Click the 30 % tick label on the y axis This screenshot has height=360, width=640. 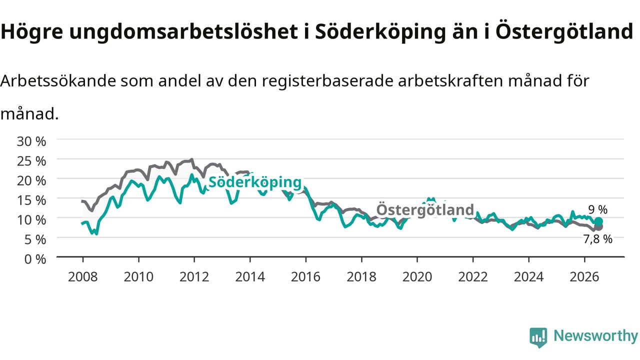point(31,141)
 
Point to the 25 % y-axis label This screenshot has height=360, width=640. point(31,161)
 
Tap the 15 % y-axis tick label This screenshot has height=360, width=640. point(31,200)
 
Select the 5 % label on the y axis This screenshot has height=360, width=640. point(35,239)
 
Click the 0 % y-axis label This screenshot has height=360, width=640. point(35,259)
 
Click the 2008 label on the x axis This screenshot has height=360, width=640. point(83,277)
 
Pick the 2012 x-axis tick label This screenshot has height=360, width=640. point(194,277)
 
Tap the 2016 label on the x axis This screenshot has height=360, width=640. point(305,277)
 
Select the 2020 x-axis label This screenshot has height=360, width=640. point(417,277)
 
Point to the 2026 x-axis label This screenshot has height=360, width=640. point(584,277)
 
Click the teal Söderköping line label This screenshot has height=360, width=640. point(255,182)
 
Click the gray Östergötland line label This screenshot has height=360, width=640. point(425,209)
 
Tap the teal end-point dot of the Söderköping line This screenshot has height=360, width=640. point(598,221)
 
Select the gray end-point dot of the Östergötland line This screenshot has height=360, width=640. point(598,226)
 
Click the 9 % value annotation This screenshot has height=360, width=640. point(597,209)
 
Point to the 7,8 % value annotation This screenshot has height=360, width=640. point(597,239)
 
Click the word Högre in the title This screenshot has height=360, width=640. point(32,31)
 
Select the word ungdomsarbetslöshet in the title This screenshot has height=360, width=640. point(183,31)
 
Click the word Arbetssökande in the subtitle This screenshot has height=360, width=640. point(58,81)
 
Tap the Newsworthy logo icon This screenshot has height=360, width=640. point(538,337)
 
